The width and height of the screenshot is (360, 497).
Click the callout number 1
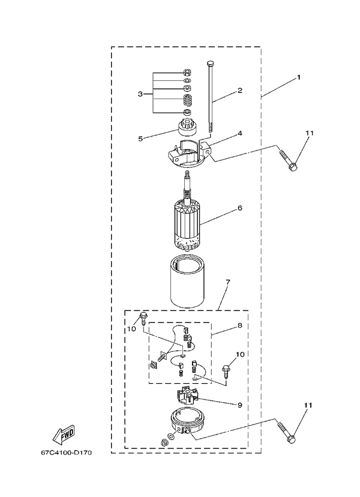click(298, 78)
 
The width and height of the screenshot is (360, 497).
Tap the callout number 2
click(239, 91)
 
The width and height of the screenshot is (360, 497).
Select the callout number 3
click(140, 94)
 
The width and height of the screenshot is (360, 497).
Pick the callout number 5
click(140, 138)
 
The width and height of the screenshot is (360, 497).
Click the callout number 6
click(239, 208)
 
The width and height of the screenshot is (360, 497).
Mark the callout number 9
click(239, 405)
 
